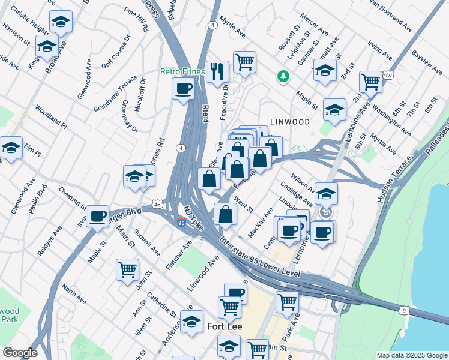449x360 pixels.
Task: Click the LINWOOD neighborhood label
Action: (x=289, y=121)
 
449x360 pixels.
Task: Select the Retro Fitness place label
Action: (x=182, y=71)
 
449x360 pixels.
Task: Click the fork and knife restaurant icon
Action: (x=217, y=71)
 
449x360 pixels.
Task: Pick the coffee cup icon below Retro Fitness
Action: (x=183, y=89)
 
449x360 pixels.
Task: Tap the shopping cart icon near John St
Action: (x=127, y=269)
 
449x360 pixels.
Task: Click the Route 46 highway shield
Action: (x=156, y=205)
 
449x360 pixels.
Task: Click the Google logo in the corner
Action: (x=20, y=353)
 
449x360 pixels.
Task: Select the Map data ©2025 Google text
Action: (x=411, y=355)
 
